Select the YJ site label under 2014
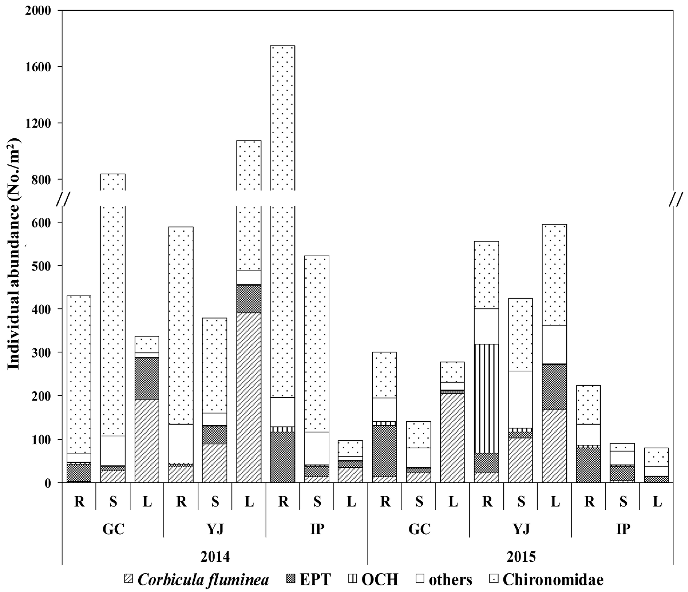215,529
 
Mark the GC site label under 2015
419,529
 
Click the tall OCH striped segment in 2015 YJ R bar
487,399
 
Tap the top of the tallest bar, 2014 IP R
283,46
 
